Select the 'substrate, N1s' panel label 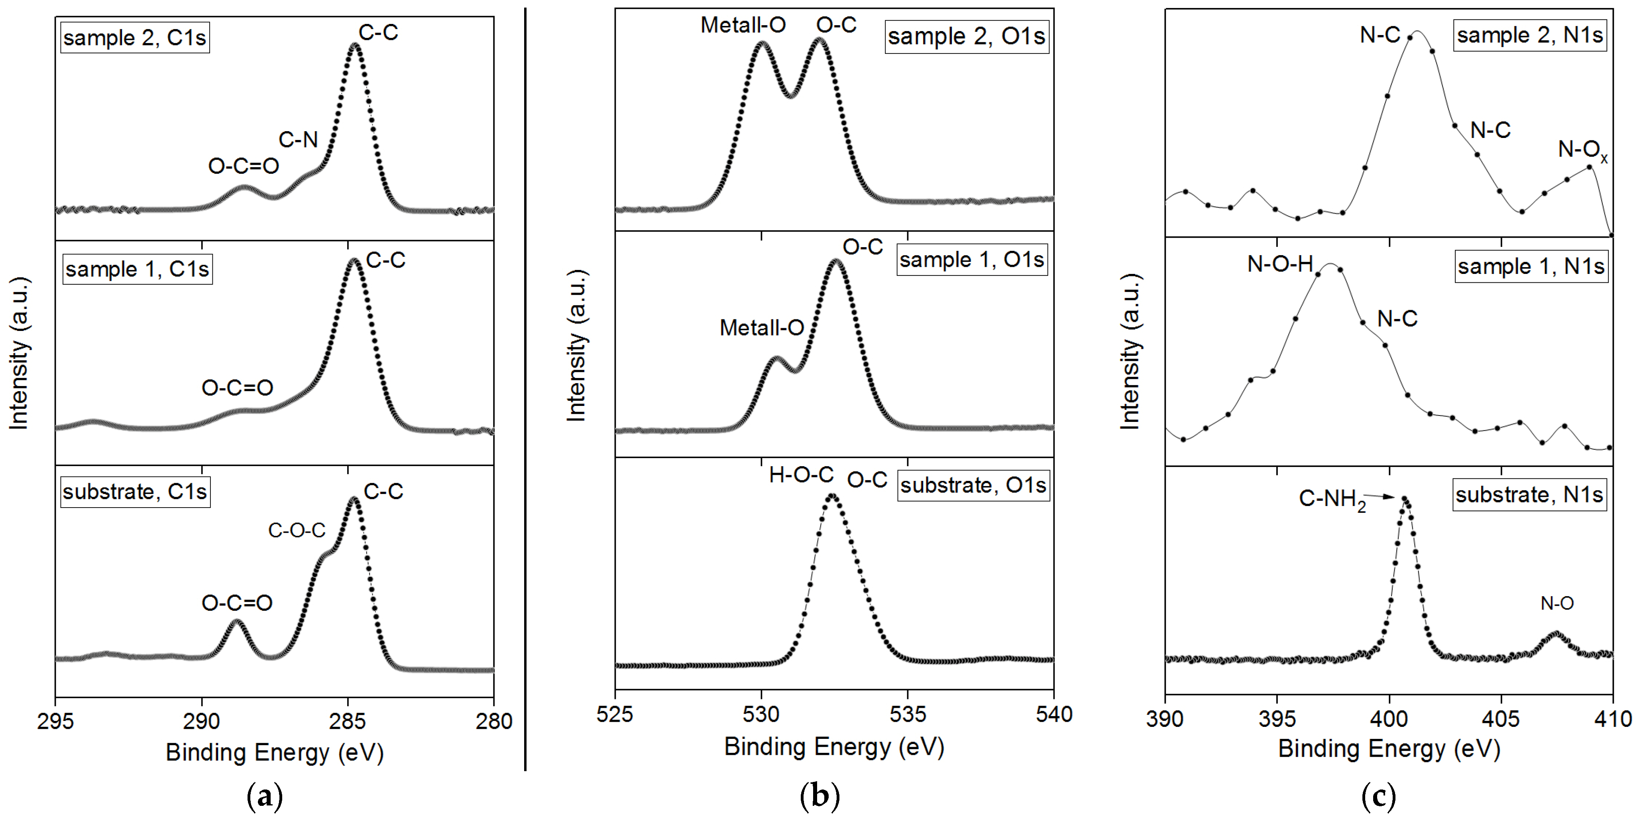[x=1529, y=495]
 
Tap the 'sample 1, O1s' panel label [x=971, y=260]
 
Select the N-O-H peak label [x=1280, y=264]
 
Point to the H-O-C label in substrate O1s [x=801, y=475]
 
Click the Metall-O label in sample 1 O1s [x=761, y=328]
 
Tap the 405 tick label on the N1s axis [x=1501, y=719]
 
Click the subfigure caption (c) [x=1377, y=795]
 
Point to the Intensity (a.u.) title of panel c [x=1130, y=351]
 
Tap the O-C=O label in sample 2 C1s [x=244, y=166]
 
